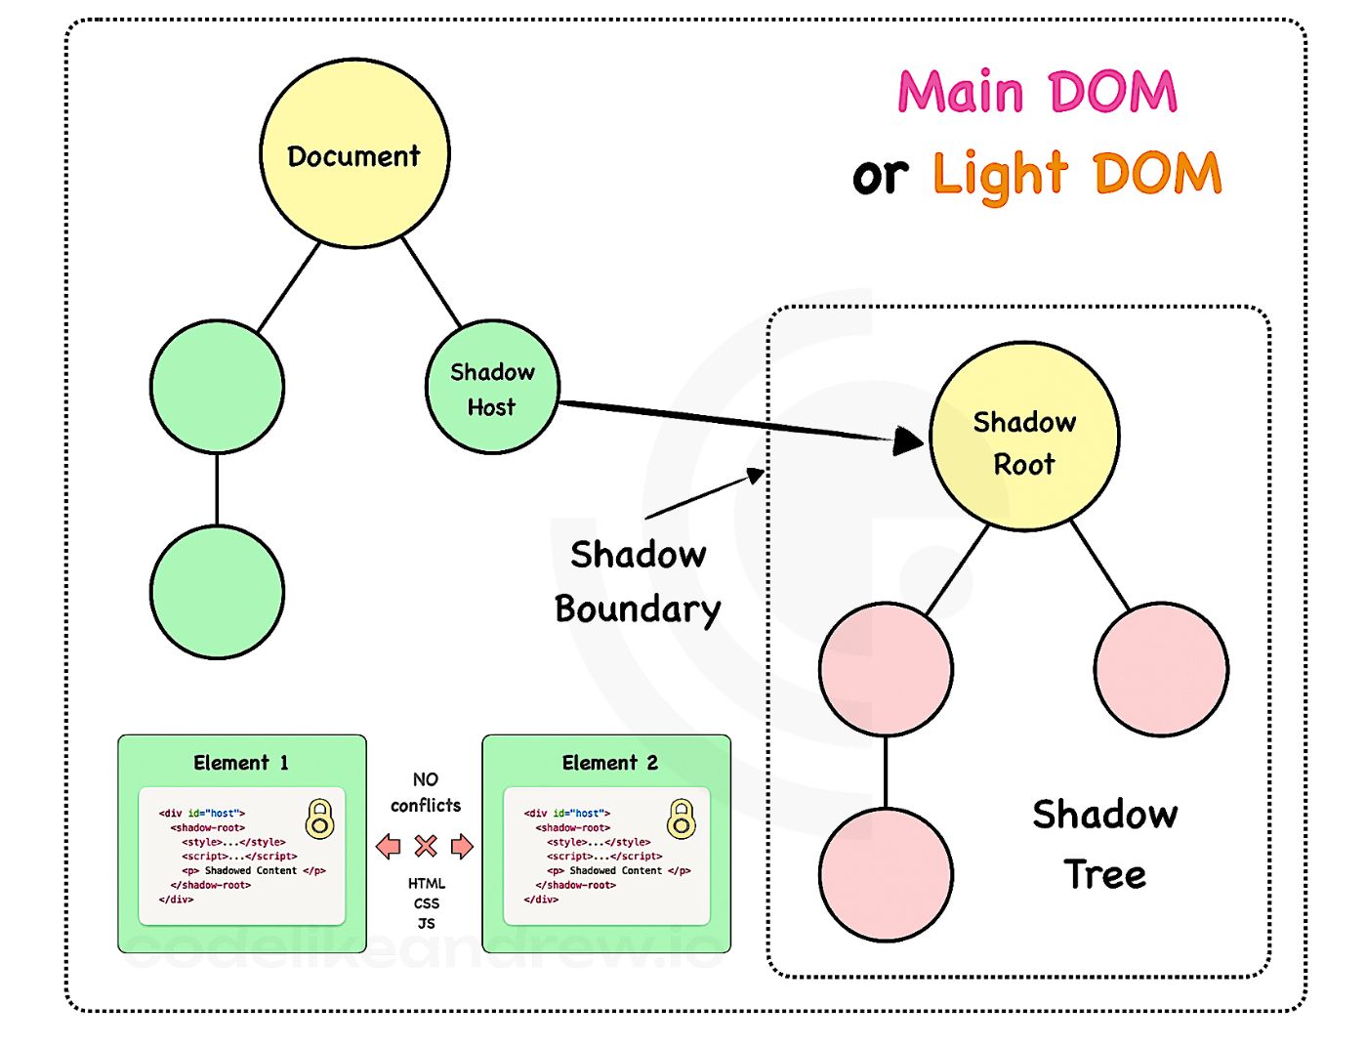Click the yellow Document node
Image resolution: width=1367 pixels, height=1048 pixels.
pos(354,153)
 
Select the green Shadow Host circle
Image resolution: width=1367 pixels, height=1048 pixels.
pos(492,386)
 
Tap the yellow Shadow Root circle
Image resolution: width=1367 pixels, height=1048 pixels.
pos(1023,436)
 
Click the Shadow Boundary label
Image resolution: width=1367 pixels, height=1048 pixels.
pos(638,582)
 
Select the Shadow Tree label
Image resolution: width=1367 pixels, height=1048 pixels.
pos(1104,844)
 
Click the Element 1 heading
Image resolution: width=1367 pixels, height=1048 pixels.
pos(241,763)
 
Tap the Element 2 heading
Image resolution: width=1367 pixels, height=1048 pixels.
pos(609,763)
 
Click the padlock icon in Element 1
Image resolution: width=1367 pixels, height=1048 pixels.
pos(319,818)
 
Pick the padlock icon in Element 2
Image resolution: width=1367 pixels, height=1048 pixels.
pos(681,818)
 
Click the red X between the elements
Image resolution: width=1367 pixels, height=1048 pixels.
pos(426,846)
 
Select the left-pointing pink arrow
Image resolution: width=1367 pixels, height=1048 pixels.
pos(389,846)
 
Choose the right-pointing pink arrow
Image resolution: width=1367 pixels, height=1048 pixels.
pos(462,846)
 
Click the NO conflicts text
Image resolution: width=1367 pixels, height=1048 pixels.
pos(426,792)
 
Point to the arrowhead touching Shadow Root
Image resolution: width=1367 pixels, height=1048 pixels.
pos(907,440)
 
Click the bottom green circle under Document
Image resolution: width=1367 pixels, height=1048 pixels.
pos(217,592)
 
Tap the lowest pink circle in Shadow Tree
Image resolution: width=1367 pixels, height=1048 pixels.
pos(885,874)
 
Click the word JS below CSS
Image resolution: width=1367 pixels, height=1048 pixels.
pos(426,923)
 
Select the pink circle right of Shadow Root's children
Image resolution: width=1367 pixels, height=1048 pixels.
pos(1161,669)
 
